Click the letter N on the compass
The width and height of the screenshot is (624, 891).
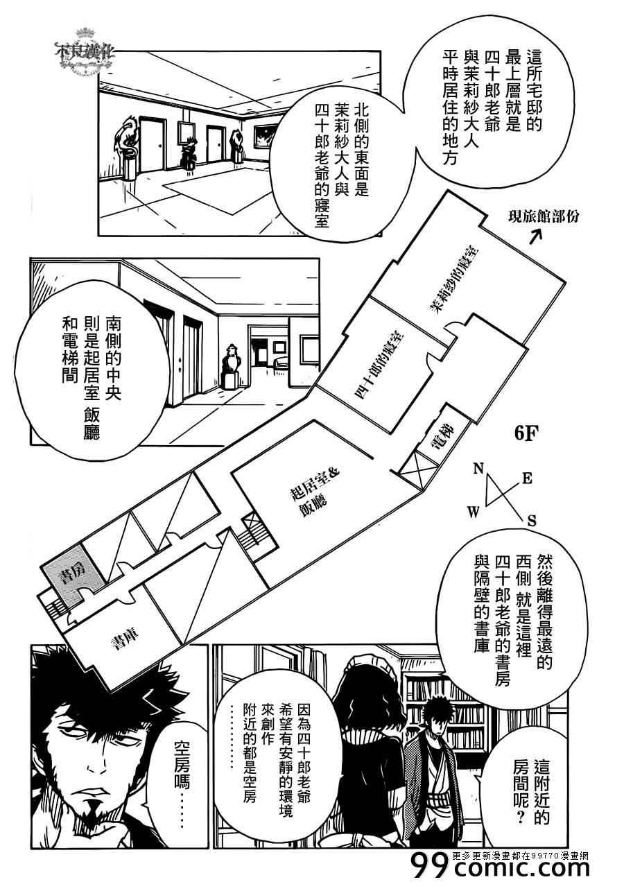(477, 469)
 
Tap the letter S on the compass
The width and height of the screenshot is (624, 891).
(532, 520)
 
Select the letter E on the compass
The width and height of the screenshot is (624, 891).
(526, 478)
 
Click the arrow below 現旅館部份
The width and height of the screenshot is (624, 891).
(535, 238)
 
